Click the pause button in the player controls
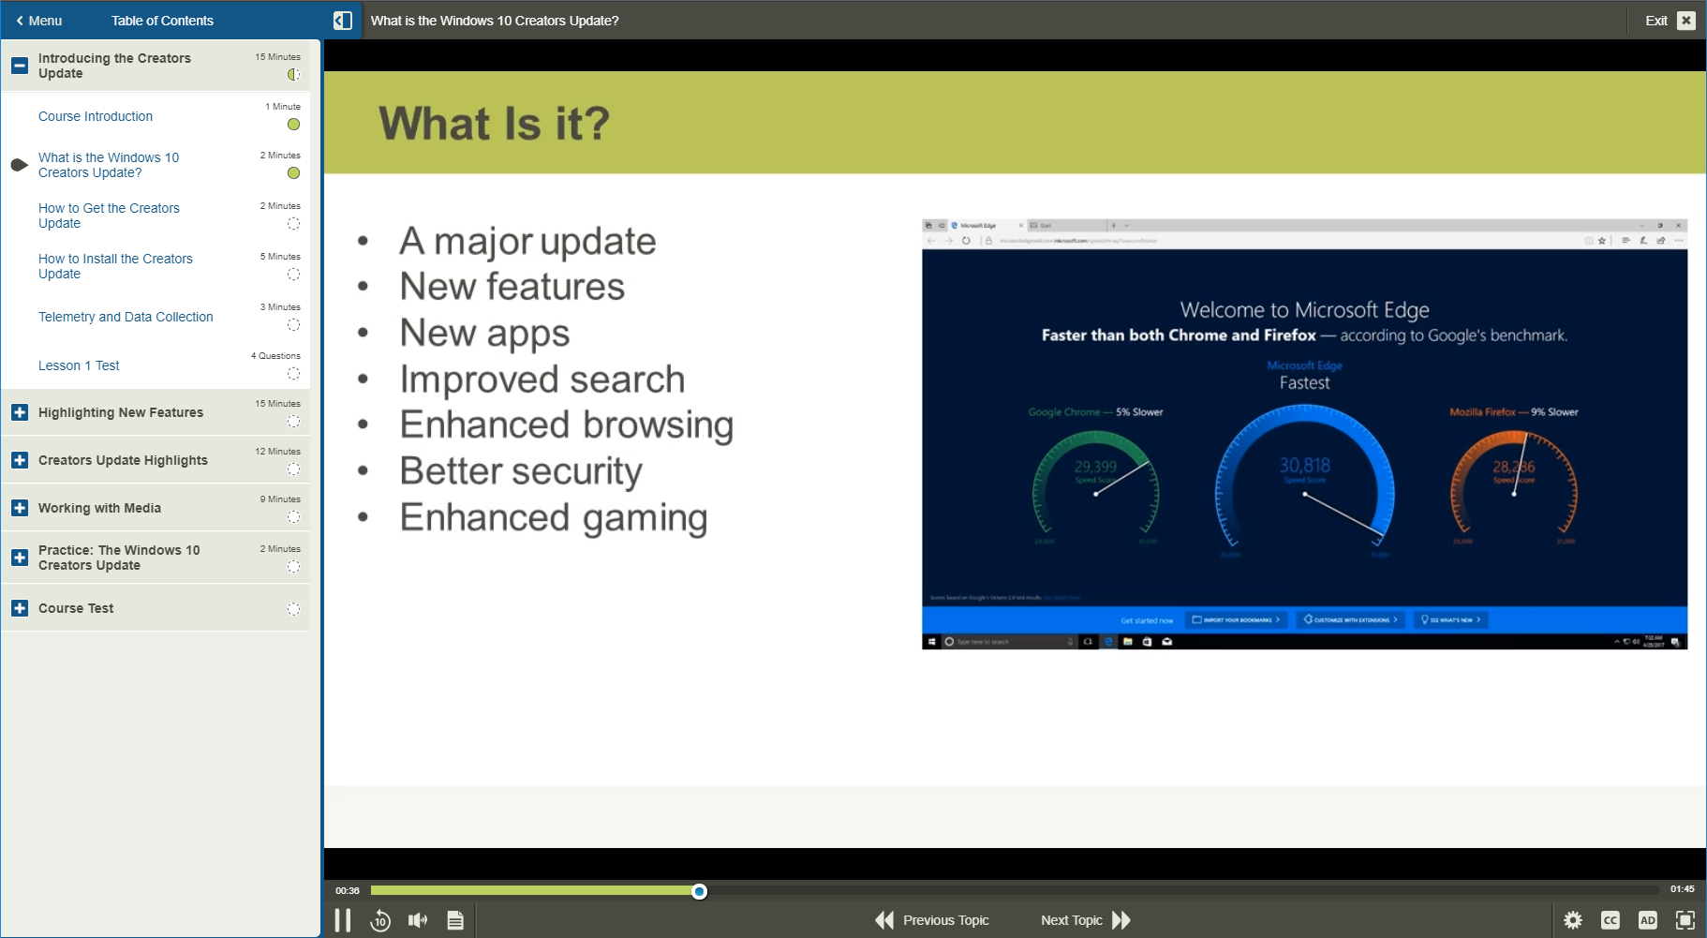343,920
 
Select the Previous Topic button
932,920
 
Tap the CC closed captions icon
1610,920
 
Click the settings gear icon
1573,920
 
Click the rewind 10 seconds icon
380,920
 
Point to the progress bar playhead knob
699,891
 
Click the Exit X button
1685,20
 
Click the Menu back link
38,21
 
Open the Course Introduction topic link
96,116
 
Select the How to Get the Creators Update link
109,216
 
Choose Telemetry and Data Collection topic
126,317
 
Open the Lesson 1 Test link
79,365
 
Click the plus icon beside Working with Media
20,508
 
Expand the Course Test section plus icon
20,608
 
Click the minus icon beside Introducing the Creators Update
20,66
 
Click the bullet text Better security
521,470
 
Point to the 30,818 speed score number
1304,465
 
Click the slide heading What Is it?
494,124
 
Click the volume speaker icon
418,920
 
